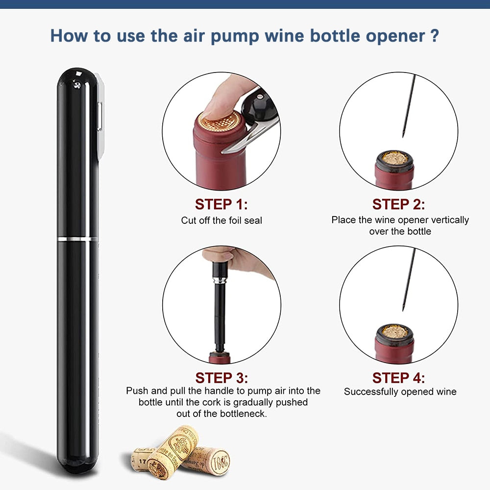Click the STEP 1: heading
tap(221, 204)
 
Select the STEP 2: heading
tap(398, 204)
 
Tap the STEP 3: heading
tap(221, 378)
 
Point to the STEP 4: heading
tap(398, 378)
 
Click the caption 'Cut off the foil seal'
tap(221, 220)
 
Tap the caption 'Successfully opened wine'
tap(400, 392)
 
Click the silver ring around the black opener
tap(77, 239)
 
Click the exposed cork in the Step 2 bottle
tap(394, 158)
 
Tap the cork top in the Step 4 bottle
tap(394, 332)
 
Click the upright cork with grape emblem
tap(174, 448)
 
